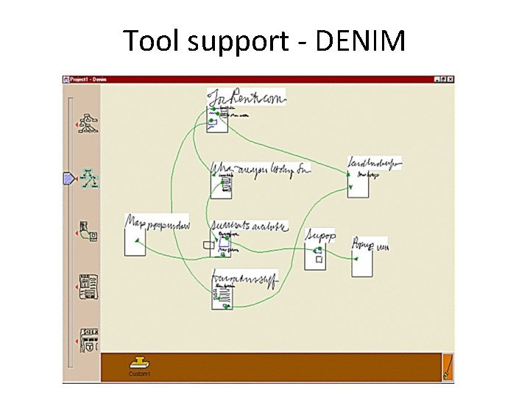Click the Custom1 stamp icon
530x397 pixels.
[x=138, y=363]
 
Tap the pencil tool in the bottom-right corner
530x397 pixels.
[x=447, y=367]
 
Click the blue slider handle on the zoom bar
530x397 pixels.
[x=68, y=177]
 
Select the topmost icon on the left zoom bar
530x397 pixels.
[x=90, y=123]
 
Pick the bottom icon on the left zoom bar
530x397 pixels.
[x=90, y=340]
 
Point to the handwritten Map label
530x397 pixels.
[x=158, y=221]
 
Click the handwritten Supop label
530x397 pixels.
[x=321, y=235]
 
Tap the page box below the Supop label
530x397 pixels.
[x=316, y=257]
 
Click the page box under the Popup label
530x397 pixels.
[x=362, y=262]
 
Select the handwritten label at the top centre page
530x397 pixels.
[x=246, y=97]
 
